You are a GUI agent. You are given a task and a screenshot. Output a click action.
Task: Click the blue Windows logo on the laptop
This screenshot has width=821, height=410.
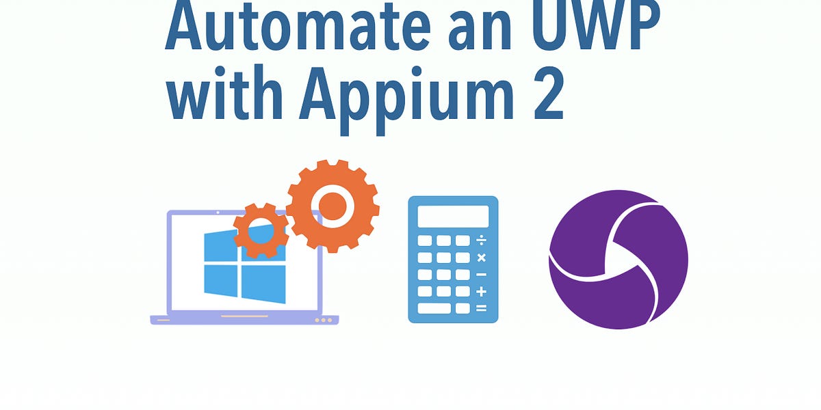click(244, 266)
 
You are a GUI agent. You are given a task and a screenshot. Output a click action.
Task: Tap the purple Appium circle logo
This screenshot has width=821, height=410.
click(618, 259)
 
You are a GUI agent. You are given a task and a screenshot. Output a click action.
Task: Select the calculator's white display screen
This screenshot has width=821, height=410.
click(453, 216)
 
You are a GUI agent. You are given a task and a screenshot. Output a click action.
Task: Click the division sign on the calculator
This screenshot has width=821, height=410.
click(481, 241)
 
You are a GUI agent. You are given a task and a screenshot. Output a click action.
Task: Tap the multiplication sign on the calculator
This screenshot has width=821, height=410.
click(481, 258)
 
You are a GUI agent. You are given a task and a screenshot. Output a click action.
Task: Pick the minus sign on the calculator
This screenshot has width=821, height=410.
click(481, 275)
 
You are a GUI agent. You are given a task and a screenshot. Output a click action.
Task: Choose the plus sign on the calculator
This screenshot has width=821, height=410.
click(481, 291)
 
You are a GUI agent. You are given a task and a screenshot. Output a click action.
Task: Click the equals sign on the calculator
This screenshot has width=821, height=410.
click(481, 308)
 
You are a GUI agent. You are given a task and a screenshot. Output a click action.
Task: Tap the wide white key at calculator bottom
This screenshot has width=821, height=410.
click(434, 308)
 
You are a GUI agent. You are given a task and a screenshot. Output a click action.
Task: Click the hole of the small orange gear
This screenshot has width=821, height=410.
click(260, 231)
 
